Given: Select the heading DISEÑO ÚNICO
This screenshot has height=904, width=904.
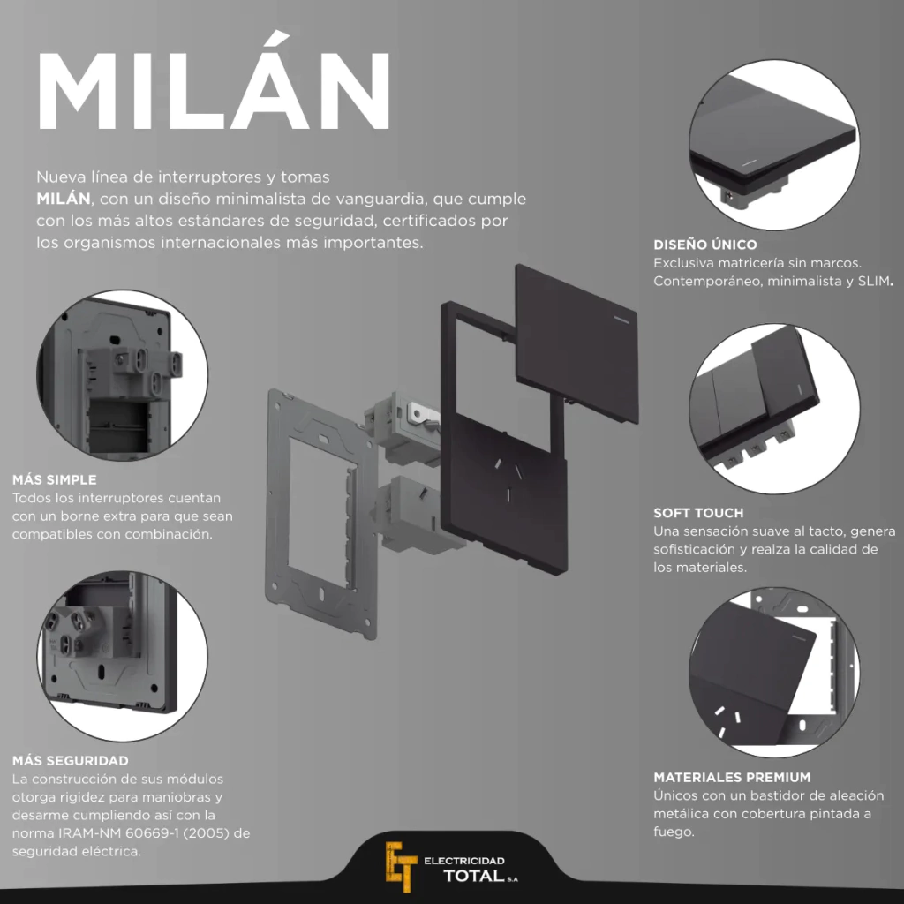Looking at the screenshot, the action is [705, 245].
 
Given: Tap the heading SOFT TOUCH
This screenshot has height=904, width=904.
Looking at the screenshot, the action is [698, 513].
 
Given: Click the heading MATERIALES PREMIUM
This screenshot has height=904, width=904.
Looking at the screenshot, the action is [732, 777].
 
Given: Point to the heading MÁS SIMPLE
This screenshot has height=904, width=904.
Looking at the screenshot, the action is [54, 479].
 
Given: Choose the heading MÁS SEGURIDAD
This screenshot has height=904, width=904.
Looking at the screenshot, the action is [71, 761].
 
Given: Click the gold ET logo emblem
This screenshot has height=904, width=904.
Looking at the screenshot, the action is [401, 866].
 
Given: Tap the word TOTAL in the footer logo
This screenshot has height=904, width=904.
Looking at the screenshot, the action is [474, 877].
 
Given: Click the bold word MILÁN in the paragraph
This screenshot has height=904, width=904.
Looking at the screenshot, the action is [64, 199].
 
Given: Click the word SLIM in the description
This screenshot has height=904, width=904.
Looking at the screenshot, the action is [873, 282].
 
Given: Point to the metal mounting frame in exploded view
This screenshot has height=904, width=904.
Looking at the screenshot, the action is [321, 513].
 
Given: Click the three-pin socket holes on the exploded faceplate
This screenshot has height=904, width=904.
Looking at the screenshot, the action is [508, 478].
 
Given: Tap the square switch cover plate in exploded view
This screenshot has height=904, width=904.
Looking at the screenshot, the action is [576, 343].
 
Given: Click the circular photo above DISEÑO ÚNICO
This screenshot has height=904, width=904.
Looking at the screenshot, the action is [773, 144].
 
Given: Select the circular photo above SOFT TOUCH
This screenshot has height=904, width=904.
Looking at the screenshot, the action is [773, 408].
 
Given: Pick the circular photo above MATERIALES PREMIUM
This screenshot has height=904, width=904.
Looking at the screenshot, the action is [773, 672].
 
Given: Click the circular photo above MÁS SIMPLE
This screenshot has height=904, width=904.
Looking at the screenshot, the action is [122, 374].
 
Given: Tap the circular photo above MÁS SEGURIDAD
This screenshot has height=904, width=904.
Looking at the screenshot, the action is [122, 656].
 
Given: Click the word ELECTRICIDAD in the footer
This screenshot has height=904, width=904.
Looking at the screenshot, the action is [464, 861].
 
